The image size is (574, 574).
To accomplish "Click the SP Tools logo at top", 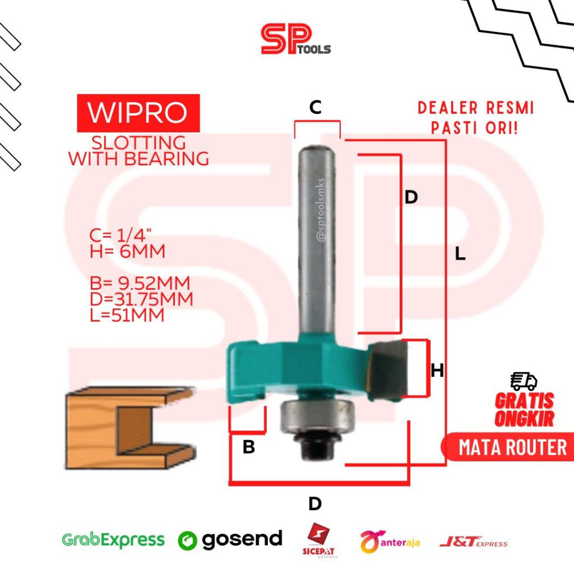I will coord(295,40).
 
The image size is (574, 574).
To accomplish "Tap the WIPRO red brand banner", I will coord(138,113).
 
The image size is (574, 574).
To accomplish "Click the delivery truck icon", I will coord(524,381).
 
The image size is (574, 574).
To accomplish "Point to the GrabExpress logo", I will coord(113,540).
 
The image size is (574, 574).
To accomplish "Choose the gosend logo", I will coord(230,539).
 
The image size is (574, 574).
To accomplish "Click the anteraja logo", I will coord(390,541).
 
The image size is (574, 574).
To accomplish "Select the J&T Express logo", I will coord(473,541).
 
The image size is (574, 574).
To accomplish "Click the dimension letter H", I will coord(437,371).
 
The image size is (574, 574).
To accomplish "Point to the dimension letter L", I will coord(460,254).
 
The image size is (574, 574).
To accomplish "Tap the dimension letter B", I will coord(248,447).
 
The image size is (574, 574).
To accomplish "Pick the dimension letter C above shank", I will coord(316,108).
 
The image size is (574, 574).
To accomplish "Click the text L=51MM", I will coord(127,316).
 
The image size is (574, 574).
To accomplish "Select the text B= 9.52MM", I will coord(140,282).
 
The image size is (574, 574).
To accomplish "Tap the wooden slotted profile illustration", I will coord(129,428).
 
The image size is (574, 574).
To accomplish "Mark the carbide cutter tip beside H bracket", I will coord(391,369).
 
